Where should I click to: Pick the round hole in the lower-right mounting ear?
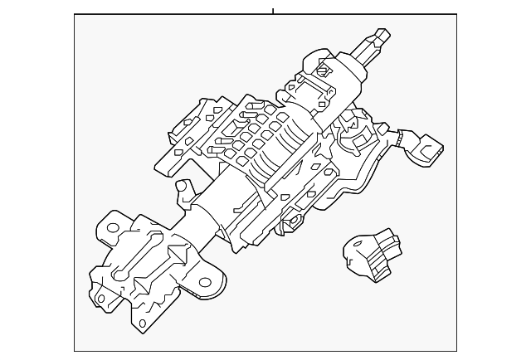(205, 283)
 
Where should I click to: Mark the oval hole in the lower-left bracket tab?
(101, 298)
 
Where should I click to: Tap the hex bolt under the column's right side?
(292, 223)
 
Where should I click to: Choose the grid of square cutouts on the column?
(253, 137)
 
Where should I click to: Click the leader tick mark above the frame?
(273, 11)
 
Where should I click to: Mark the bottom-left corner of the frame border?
(75, 351)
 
